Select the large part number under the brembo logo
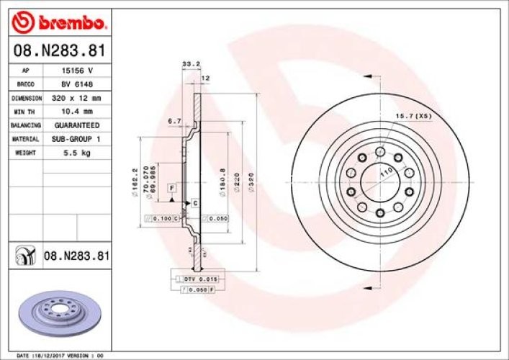(x=61, y=51)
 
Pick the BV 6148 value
(x=78, y=85)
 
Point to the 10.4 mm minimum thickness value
(x=78, y=111)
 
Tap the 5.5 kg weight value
(x=78, y=152)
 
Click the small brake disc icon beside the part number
(x=25, y=255)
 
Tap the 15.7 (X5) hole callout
(x=413, y=115)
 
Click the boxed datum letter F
(x=172, y=188)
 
